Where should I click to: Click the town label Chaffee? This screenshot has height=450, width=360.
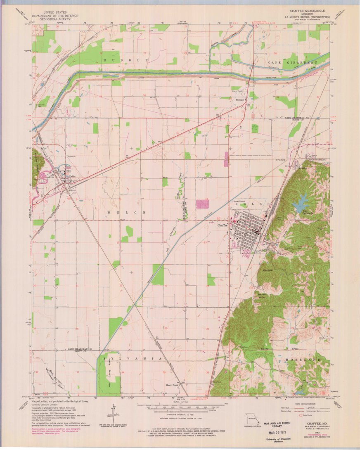[x=223, y=225]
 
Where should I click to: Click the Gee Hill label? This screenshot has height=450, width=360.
[x=268, y=270]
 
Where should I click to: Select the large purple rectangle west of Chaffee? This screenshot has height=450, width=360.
[x=203, y=204]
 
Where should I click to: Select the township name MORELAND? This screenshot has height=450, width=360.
[x=303, y=360]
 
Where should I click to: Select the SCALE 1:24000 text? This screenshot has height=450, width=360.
[x=179, y=401]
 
